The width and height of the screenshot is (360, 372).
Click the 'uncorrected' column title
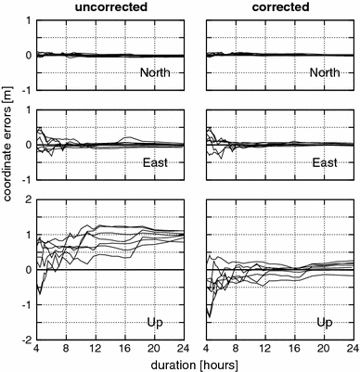[x=111, y=7]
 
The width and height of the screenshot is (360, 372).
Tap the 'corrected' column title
[x=281, y=7]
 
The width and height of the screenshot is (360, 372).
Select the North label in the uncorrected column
[x=154, y=72]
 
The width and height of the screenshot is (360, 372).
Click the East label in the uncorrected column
[x=158, y=161]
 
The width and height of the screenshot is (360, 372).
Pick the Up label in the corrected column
[x=327, y=323]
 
